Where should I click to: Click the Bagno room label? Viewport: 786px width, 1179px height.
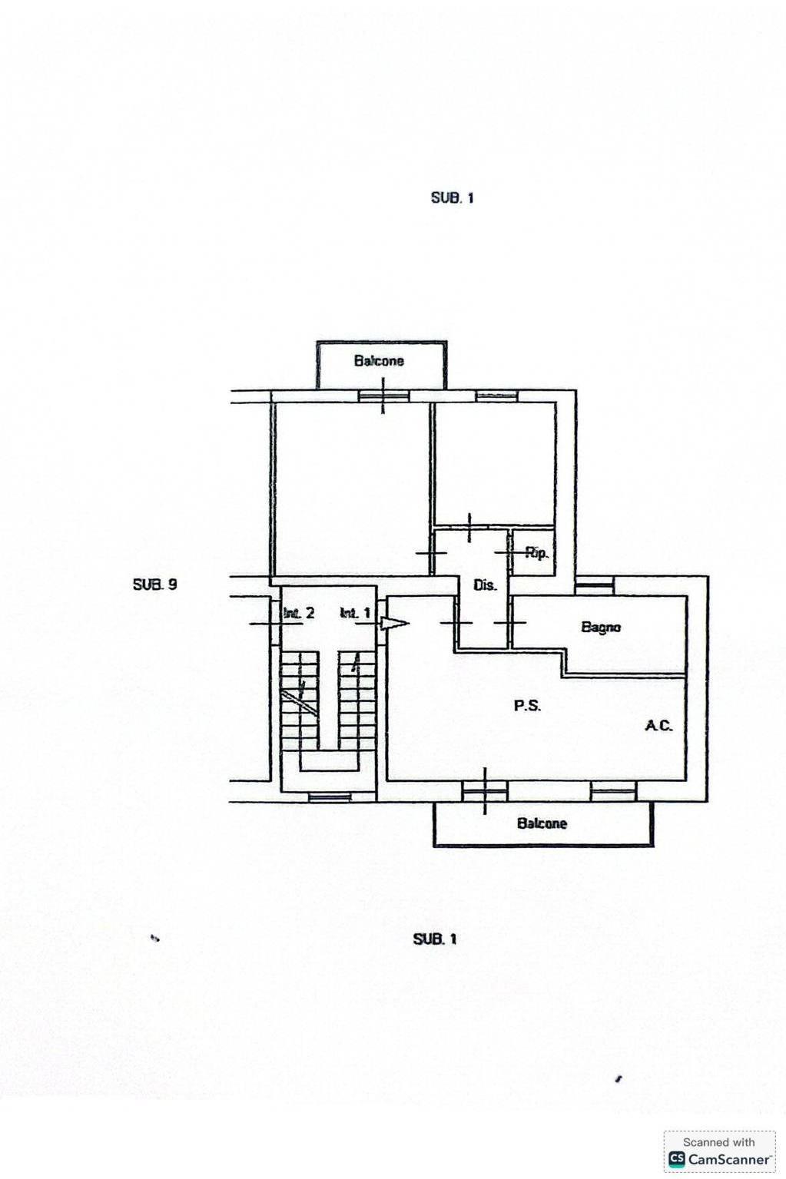pos(601,627)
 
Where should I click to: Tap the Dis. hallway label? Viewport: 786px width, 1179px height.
pos(485,585)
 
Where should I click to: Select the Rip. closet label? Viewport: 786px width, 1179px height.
pos(537,553)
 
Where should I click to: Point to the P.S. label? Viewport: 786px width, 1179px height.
pos(527,706)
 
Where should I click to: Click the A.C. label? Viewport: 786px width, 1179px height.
pos(658,726)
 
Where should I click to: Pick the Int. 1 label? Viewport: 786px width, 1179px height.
pos(356,613)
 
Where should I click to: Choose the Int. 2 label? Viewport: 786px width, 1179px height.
pos(299,613)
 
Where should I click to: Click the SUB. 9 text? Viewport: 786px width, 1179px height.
pos(154,585)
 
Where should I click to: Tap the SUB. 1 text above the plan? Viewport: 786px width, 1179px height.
pos(453,198)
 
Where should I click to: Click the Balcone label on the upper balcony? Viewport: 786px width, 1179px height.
pos(379,361)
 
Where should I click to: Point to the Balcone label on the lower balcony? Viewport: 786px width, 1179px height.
pos(542,823)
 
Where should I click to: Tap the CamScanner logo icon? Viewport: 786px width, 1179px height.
pos(676,1159)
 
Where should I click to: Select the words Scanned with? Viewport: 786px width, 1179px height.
pos(718,1142)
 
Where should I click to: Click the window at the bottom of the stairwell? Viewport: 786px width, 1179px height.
pos(330,798)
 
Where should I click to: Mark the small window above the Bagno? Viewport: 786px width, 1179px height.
pos(595,585)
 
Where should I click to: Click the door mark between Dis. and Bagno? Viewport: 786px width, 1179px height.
pos(510,623)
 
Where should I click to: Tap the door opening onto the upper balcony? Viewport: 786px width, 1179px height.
pos(383,396)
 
